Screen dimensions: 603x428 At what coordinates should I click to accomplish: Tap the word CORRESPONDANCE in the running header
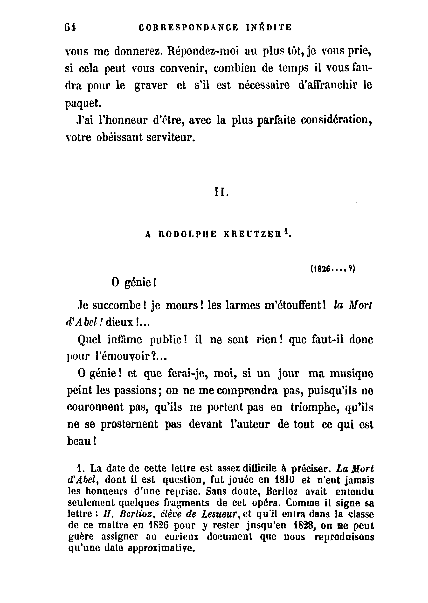coord(188,28)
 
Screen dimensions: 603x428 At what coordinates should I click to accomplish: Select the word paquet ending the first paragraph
coord(83,103)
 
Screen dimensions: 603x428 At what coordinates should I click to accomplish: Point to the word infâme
coord(125,340)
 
